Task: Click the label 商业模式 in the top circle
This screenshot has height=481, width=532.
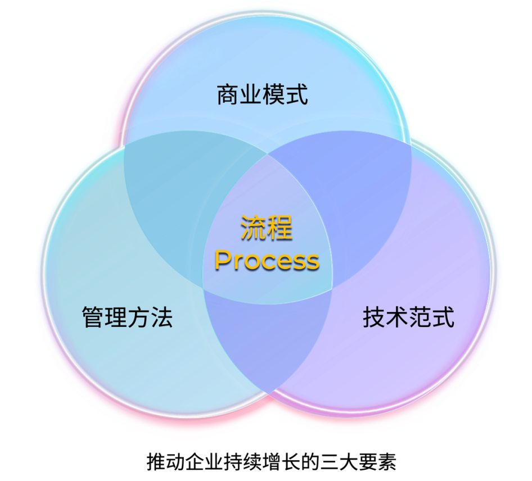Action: [262, 94]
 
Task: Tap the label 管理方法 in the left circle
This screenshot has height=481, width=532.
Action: [127, 317]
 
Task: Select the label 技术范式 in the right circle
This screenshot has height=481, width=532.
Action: [408, 317]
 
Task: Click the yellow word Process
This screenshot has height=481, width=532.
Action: [267, 261]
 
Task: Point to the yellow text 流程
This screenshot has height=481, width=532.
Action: [267, 228]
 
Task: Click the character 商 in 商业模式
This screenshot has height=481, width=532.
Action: [228, 94]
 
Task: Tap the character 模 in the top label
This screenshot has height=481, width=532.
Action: [273, 94]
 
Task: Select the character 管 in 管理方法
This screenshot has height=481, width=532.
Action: [93, 317]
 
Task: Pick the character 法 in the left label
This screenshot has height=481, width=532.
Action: [162, 317]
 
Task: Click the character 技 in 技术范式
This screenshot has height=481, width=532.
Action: [374, 317]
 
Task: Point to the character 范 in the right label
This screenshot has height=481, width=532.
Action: [420, 317]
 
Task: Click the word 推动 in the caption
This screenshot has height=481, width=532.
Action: [165, 462]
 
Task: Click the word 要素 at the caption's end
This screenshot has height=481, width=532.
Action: [377, 462]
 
